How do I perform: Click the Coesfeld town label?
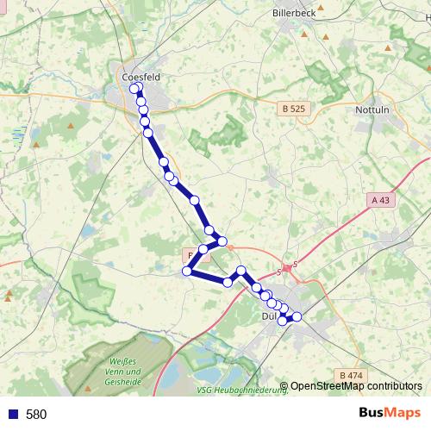142,77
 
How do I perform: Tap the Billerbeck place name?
295,14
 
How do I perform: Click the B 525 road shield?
293,109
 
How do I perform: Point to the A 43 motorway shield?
379,199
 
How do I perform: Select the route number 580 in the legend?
36,415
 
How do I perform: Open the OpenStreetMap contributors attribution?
355,386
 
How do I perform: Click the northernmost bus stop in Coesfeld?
134,88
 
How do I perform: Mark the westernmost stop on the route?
186,272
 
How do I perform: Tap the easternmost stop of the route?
297,316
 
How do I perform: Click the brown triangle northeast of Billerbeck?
388,47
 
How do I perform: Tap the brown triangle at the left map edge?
9,294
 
